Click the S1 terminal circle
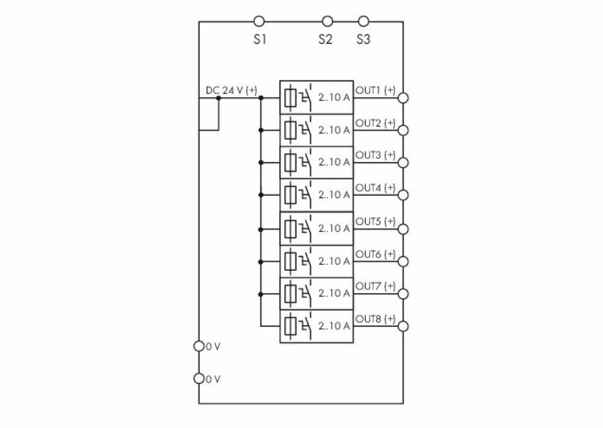point(259,22)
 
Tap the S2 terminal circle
point(327,22)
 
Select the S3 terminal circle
point(363,22)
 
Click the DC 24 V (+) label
point(232,90)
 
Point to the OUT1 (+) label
point(376,90)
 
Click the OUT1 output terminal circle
point(403,98)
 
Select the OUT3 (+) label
point(376,155)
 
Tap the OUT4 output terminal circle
point(403,195)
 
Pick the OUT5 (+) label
point(376,222)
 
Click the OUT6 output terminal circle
point(403,261)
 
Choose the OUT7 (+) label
point(376,286)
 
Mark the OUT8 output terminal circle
point(403,326)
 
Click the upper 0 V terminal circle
point(199,347)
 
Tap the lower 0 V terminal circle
point(199,379)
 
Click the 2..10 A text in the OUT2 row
point(334,130)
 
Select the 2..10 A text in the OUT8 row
point(334,326)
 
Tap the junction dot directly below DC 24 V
point(218,98)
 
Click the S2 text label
point(326,40)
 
